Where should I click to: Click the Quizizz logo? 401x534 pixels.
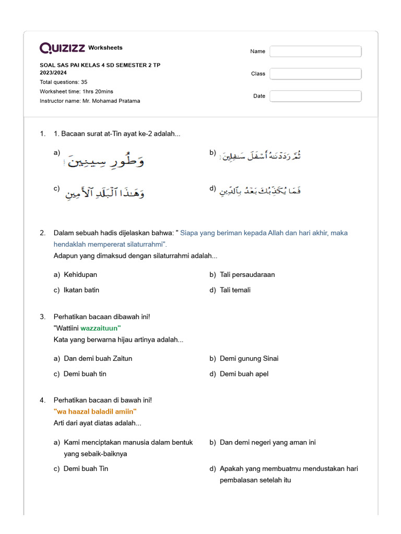[x=62, y=48]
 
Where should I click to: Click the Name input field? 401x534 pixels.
[x=315, y=51]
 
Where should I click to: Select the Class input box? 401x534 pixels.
[x=315, y=74]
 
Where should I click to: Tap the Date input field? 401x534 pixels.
[x=315, y=96]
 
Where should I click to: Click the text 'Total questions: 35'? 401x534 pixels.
[x=64, y=82]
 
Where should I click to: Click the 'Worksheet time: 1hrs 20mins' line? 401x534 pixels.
[x=76, y=91]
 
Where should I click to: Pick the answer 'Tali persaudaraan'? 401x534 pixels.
[x=247, y=274]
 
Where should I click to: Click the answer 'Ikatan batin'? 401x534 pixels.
[x=81, y=290]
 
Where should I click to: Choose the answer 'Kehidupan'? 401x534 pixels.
[x=80, y=274]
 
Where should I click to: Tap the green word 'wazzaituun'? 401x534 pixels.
[x=101, y=328]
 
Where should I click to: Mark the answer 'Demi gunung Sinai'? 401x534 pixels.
[x=249, y=358]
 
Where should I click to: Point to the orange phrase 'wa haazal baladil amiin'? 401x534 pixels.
[x=95, y=411]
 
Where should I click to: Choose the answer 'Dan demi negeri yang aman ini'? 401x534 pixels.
[x=268, y=442]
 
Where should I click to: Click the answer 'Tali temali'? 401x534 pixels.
[x=235, y=290]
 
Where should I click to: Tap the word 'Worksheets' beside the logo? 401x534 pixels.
[x=105, y=47]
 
